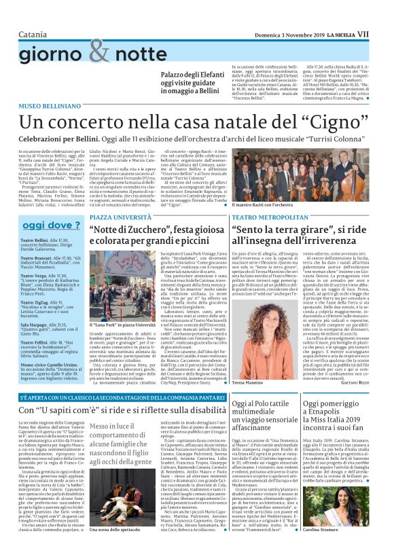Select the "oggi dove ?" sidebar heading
[x=47, y=225]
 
